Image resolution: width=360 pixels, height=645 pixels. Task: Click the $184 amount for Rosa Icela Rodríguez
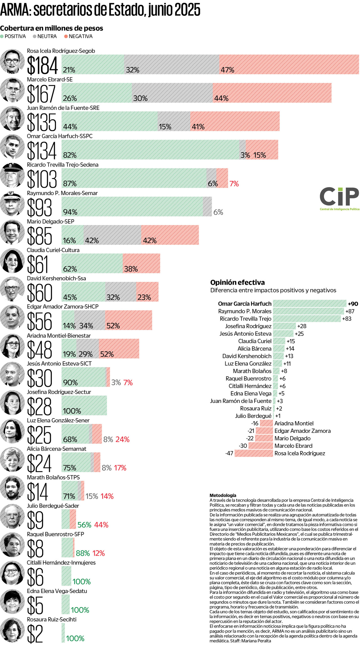[42, 65]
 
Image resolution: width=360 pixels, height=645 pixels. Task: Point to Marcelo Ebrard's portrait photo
[12, 90]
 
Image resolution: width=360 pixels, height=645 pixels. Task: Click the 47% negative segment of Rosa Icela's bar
[289, 64]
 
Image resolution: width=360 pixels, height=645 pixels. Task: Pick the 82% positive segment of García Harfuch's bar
[150, 150]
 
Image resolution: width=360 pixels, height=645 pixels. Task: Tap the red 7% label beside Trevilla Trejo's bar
[234, 184]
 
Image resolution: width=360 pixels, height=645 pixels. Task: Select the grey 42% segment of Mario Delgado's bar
[112, 235]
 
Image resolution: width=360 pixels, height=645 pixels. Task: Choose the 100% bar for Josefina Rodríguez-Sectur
[84, 405]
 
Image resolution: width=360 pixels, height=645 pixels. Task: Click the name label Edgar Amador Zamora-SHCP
[62, 307]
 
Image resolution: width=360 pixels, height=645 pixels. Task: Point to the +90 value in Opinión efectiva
[353, 304]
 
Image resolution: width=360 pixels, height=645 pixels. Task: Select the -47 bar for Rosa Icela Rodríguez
[254, 453]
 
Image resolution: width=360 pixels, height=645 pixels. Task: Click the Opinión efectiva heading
[237, 282]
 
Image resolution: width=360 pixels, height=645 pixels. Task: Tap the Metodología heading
[223, 495]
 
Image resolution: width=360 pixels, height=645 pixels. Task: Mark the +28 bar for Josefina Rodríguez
[284, 326]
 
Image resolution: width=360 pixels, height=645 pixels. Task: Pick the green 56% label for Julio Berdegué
[84, 525]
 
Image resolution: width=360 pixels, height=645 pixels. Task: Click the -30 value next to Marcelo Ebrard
[243, 446]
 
